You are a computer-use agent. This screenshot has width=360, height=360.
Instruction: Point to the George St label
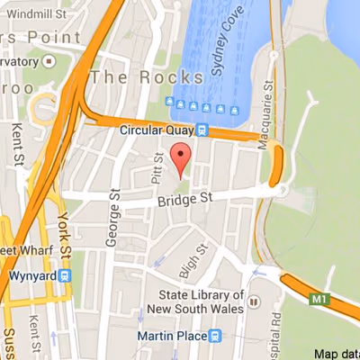point(114,206)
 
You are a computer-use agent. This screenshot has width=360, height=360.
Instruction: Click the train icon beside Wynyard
point(64,277)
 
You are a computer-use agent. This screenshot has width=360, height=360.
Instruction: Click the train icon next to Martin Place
point(215,336)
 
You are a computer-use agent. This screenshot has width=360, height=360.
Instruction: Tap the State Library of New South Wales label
point(201,302)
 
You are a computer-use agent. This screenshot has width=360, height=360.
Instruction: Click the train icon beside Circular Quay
point(203,130)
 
